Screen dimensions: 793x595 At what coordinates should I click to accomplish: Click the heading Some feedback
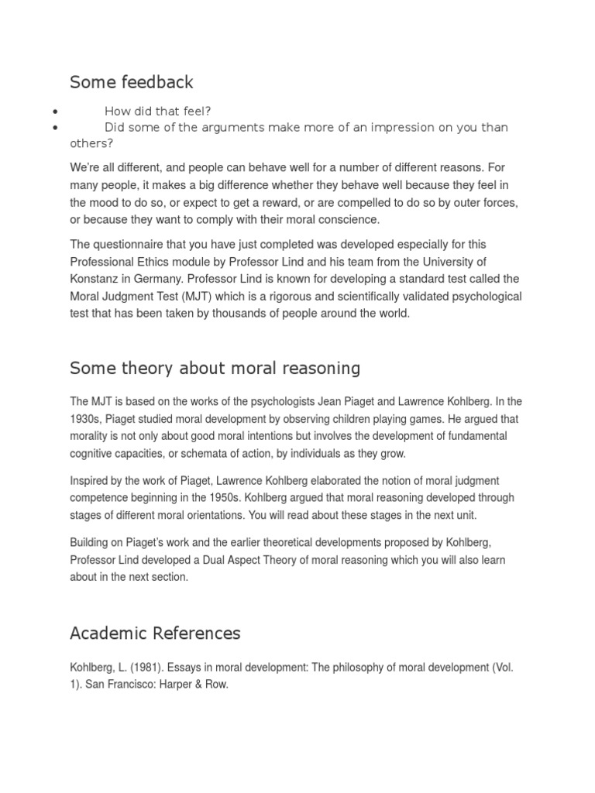[x=132, y=82]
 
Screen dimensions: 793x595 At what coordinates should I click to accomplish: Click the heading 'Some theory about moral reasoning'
[x=215, y=369]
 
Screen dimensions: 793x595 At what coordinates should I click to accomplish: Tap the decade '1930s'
[x=85, y=419]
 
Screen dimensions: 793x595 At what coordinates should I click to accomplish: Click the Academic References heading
[x=155, y=633]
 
